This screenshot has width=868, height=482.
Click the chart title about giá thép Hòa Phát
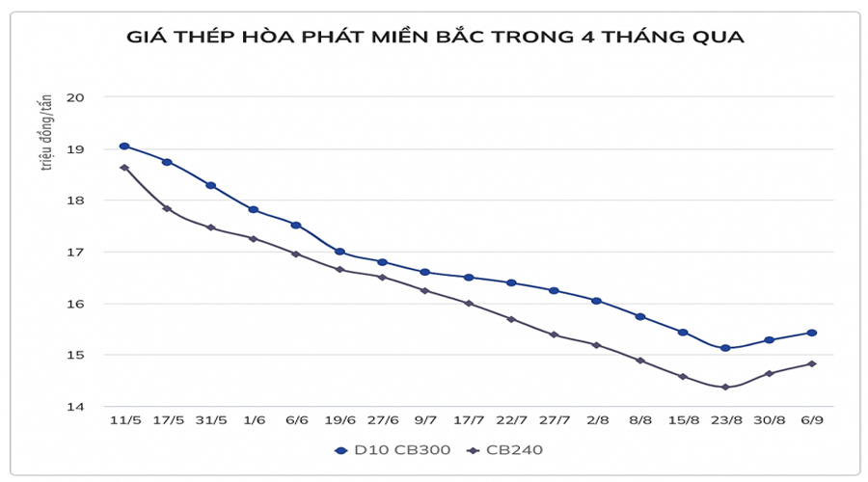435,38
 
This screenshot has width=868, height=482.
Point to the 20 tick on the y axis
76,97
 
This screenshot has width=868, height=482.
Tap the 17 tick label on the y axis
76,253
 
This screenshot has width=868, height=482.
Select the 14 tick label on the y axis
76,407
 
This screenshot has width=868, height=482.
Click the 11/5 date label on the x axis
124,422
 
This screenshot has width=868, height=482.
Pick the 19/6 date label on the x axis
339,422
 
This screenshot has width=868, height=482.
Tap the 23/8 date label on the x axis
725,422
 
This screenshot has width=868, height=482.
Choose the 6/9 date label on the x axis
812,422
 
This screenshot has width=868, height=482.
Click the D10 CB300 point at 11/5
124,147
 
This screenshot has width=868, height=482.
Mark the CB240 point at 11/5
124,168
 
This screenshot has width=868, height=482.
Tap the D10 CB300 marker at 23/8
725,348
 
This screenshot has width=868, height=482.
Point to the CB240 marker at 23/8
725,387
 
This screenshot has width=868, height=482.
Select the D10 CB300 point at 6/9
812,333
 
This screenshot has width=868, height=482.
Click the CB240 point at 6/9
812,363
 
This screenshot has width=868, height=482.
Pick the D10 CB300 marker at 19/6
339,252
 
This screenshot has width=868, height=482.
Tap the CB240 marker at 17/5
167,208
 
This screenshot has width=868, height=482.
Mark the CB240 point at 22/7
511,319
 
